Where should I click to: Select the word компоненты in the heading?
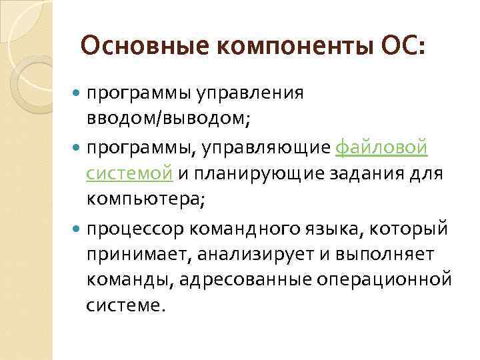pyautogui.click(x=266, y=47)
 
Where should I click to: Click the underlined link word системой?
pyautogui.click(x=129, y=174)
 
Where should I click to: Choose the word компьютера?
pyautogui.click(x=143, y=201)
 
